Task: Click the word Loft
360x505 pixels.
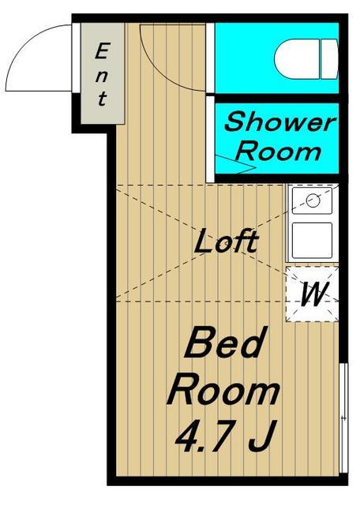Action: (x=227, y=241)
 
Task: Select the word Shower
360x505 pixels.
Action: (x=279, y=122)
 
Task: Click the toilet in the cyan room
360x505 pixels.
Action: (x=306, y=59)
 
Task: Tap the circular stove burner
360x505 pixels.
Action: (x=313, y=200)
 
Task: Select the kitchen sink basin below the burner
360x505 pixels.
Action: (x=312, y=240)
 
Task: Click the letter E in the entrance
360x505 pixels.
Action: (x=102, y=50)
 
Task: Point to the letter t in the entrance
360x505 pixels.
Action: (x=102, y=99)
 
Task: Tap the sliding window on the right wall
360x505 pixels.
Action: (x=344, y=417)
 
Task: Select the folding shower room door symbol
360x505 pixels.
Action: (x=235, y=164)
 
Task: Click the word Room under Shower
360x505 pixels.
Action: (x=279, y=151)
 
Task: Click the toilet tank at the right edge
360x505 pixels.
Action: (x=329, y=59)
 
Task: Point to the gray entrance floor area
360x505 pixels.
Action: (x=103, y=73)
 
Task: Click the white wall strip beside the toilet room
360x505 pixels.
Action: (x=210, y=58)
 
